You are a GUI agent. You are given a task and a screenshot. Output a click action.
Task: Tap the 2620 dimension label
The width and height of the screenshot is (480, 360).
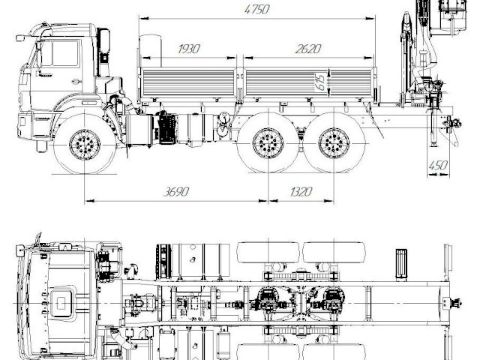pos(308,49)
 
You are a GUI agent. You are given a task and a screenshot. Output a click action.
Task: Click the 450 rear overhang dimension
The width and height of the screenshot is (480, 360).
pos(438,164)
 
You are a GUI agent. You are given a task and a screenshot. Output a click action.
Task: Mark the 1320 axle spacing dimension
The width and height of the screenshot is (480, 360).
pos(300,191)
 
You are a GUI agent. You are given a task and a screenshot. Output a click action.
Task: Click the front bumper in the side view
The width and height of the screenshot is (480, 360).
pos(30,120)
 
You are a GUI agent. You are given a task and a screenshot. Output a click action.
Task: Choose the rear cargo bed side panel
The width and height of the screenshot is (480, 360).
pos(309,83)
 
